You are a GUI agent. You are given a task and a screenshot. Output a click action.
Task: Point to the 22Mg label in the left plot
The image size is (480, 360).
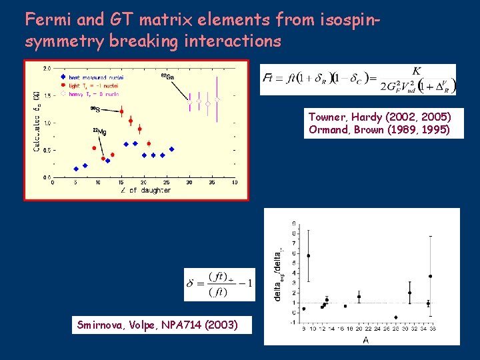coord(99,131)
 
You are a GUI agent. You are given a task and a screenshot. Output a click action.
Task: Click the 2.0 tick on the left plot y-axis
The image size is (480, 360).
coord(47,68)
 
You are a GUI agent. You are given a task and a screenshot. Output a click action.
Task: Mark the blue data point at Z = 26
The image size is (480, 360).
coord(171,149)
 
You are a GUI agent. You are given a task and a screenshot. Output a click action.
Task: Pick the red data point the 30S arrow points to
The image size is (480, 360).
coord(121,112)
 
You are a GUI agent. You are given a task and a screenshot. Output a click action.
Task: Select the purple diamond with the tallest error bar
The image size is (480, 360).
coord(217,99)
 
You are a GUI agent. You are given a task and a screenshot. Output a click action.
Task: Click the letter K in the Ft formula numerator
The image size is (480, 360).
coord(416,71)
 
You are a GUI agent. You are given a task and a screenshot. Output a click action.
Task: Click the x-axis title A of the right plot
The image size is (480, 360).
coord(366,340)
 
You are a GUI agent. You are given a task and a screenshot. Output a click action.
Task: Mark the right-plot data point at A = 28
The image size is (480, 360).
coord(396,317)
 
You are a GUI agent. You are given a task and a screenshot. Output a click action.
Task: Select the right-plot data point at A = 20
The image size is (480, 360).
coord(359,297)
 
